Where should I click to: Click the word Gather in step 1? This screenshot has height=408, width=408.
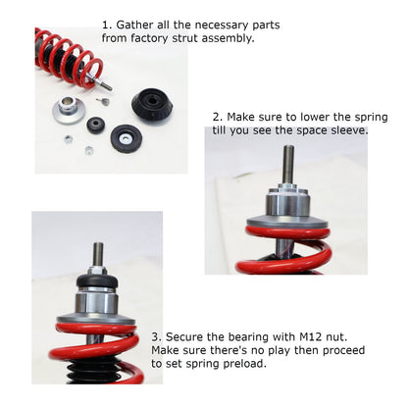tap(138, 24)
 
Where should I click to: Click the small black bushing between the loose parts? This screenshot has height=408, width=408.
tap(96, 126)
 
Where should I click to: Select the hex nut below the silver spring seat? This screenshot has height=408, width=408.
tap(68, 139)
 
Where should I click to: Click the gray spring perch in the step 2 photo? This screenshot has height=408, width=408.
tap(287, 223)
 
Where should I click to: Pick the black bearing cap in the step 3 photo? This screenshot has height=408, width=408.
tap(98, 281)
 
